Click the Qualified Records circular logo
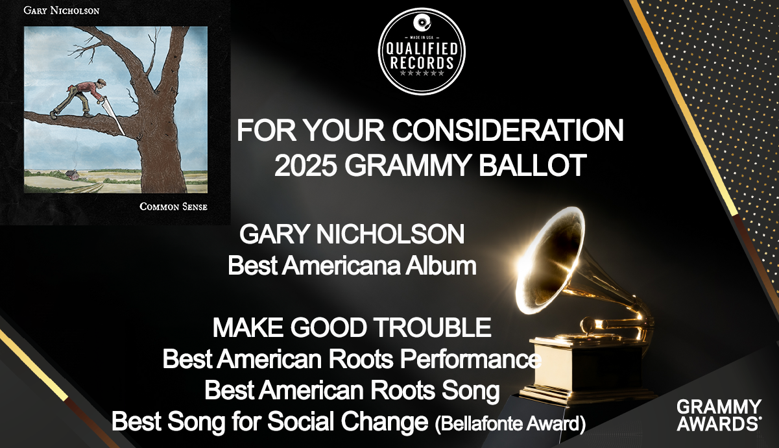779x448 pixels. [422, 51]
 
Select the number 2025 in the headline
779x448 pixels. [306, 166]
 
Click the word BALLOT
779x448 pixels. [533, 166]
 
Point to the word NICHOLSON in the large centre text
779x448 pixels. [390, 234]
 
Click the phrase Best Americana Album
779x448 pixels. [352, 266]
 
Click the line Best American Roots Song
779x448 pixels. [352, 390]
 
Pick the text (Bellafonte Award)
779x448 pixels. [510, 423]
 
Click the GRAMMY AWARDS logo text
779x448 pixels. [719, 415]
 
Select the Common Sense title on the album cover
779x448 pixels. [173, 206]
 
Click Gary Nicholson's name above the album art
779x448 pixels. [61, 10]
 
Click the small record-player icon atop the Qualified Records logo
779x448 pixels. [422, 23]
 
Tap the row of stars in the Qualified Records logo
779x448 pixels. [422, 73]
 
